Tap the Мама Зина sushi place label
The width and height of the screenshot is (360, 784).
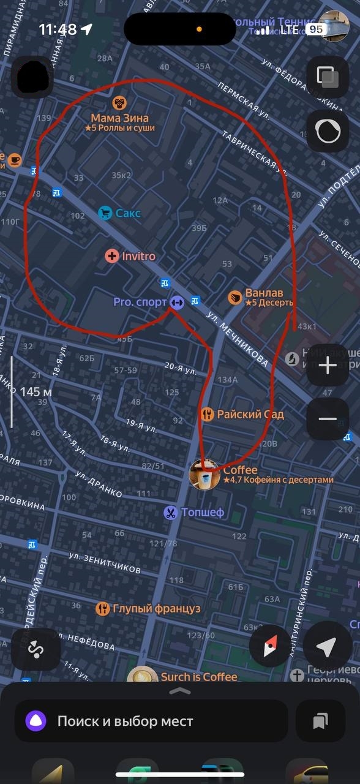[120, 118]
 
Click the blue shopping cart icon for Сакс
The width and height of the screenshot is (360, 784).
[105, 213]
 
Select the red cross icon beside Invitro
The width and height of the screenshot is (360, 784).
[111, 256]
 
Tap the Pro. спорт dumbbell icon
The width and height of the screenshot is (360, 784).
[177, 302]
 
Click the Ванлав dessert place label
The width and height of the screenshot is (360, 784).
[264, 293]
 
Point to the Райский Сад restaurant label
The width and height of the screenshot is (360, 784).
[250, 414]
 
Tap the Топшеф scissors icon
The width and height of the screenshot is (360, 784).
[170, 513]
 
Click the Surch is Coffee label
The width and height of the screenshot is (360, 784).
[198, 677]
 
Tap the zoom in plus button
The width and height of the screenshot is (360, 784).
[328, 366]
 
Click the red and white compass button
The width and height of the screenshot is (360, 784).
[269, 647]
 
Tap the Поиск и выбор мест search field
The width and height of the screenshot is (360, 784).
[151, 721]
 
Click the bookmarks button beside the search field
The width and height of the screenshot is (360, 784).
[320, 721]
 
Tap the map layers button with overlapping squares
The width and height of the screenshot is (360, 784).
[328, 77]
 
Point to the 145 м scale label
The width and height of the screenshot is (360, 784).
[36, 391]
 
